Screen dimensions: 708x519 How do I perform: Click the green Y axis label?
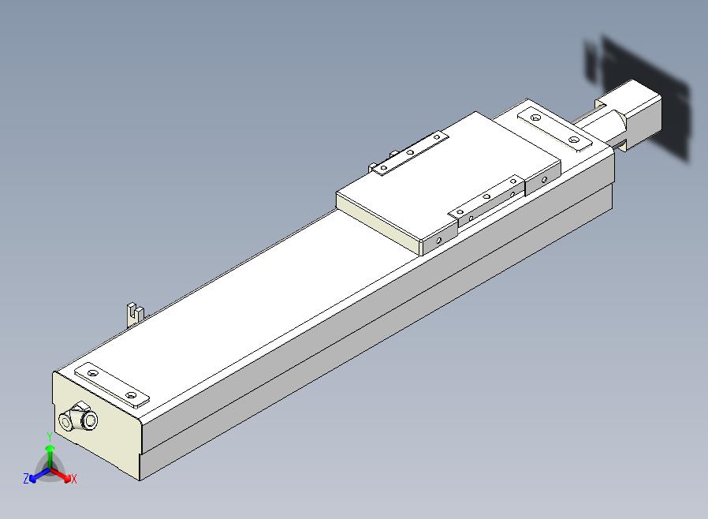(x=50, y=437)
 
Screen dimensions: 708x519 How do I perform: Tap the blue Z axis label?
(x=26, y=479)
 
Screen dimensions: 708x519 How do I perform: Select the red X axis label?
(x=73, y=479)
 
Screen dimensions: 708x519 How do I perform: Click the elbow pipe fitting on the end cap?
(x=78, y=418)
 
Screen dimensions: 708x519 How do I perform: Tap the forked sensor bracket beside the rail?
(x=134, y=314)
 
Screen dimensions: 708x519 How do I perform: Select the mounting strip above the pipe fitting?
(x=111, y=385)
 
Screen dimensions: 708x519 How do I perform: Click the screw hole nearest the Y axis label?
(x=93, y=373)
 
